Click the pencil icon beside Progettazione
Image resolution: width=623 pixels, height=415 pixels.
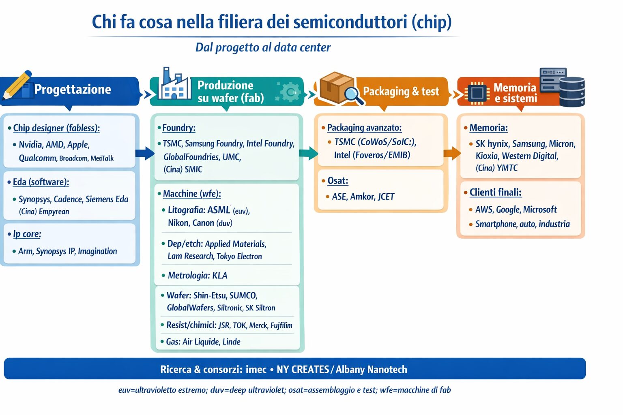[17, 85]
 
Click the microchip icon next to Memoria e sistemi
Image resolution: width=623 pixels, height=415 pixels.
[477, 93]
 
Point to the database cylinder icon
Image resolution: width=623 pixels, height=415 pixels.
[572, 92]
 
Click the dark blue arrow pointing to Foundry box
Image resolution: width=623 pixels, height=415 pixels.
[145, 153]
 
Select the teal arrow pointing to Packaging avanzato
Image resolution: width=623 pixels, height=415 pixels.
[308, 153]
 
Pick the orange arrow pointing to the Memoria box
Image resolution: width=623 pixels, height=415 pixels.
[452, 153]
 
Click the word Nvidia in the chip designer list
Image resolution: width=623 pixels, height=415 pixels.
[30, 145]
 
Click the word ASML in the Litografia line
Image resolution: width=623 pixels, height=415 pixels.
[219, 210]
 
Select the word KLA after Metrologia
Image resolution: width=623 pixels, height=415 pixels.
[220, 276]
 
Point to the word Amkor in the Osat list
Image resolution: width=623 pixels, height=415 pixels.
[362, 197]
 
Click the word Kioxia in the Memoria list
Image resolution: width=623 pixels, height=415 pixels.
[487, 156]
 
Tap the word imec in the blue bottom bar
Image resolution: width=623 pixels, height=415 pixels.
[256, 369]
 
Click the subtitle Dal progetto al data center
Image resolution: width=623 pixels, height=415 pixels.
[263, 47]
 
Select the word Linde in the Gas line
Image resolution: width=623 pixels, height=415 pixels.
[231, 342]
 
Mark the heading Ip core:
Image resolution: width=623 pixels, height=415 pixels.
[27, 234]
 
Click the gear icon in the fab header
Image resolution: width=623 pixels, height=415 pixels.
[290, 92]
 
